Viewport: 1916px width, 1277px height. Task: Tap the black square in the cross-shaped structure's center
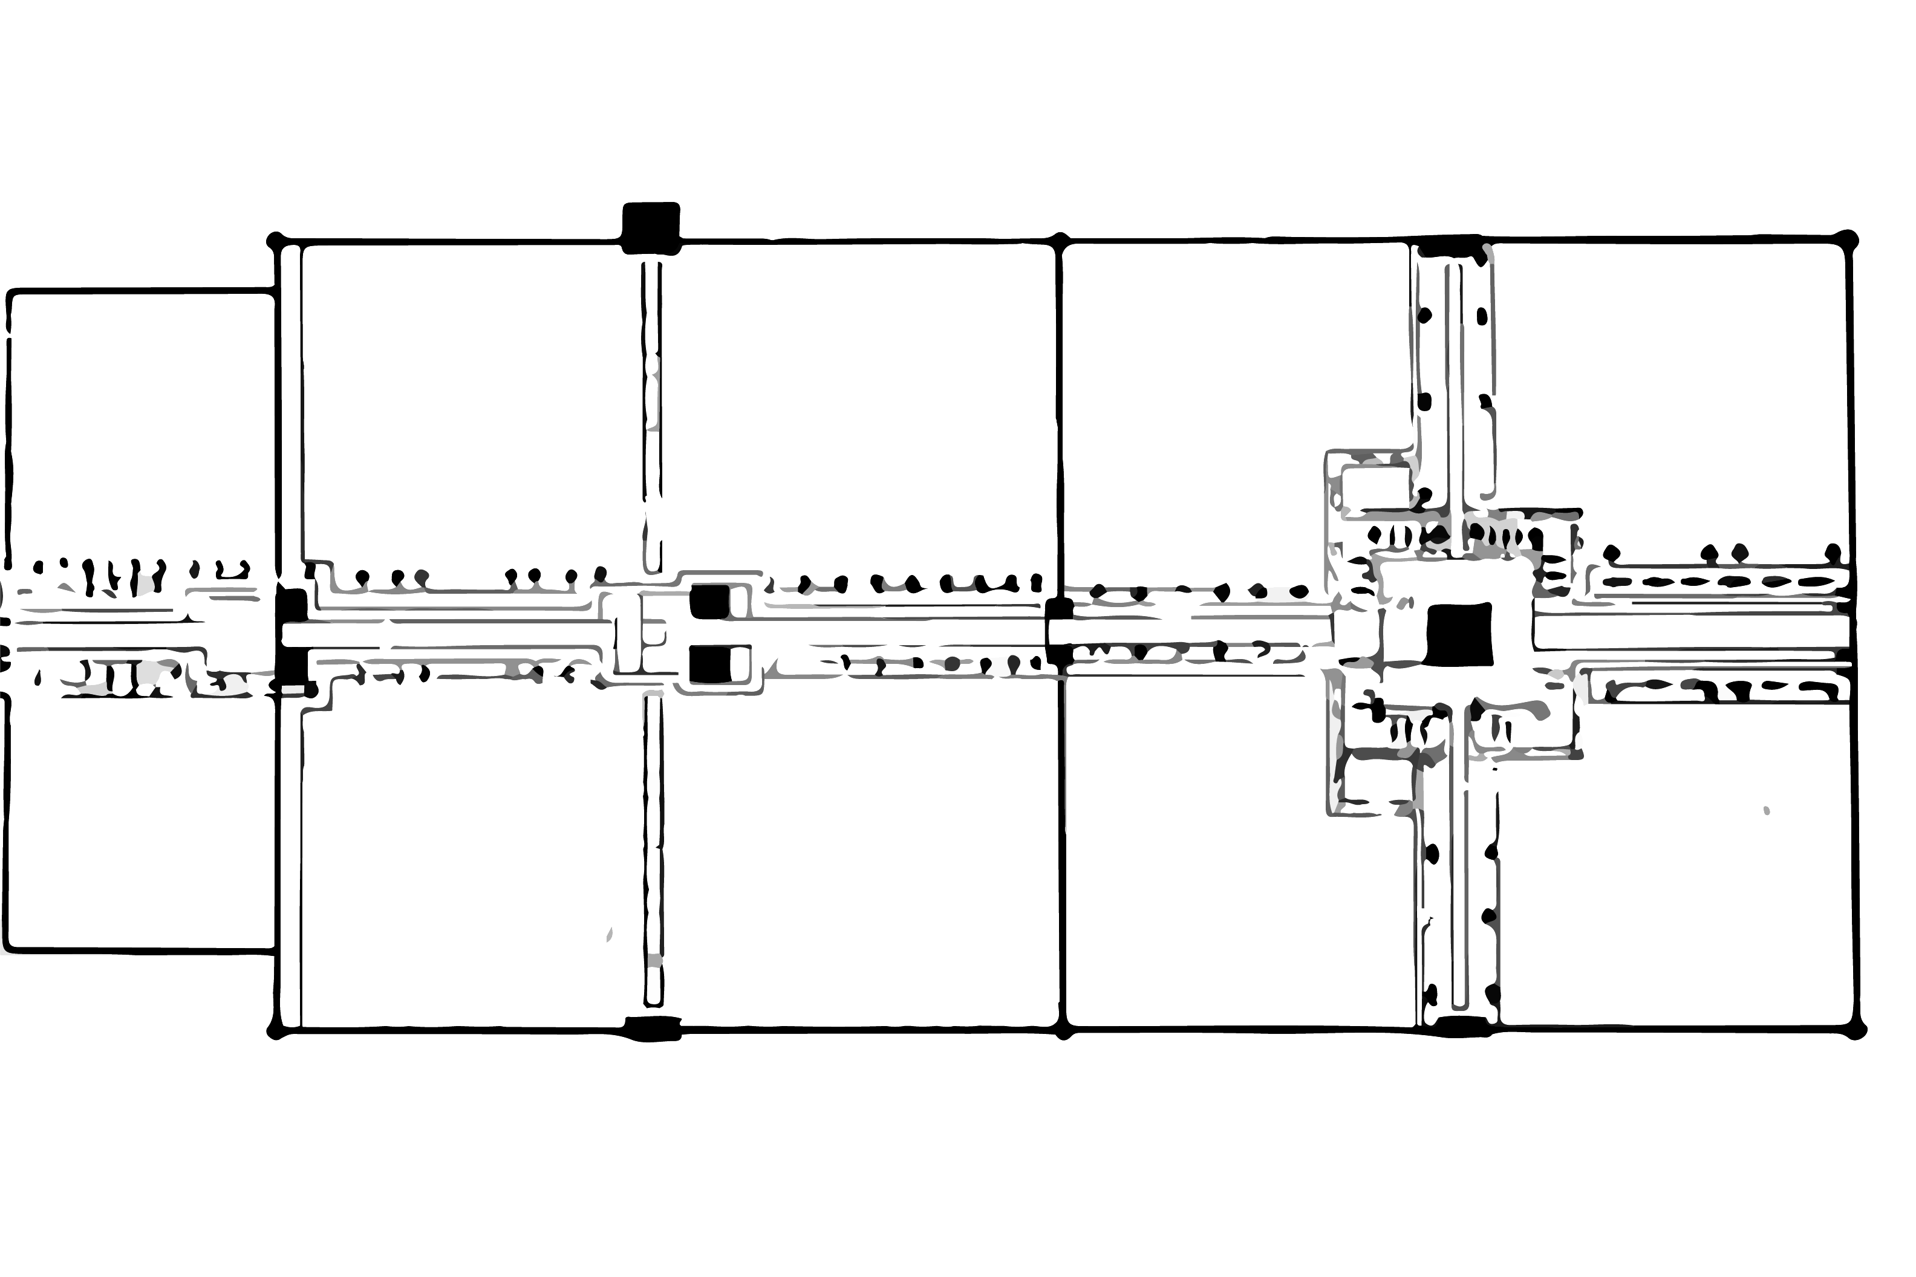pyautogui.click(x=1459, y=633)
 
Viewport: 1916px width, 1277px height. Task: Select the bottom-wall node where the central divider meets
pyautogui.click(x=1064, y=1033)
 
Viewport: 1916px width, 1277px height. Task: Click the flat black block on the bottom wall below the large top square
pyautogui.click(x=652, y=1028)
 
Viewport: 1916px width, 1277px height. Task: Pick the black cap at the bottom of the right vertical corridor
pyautogui.click(x=1460, y=1026)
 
